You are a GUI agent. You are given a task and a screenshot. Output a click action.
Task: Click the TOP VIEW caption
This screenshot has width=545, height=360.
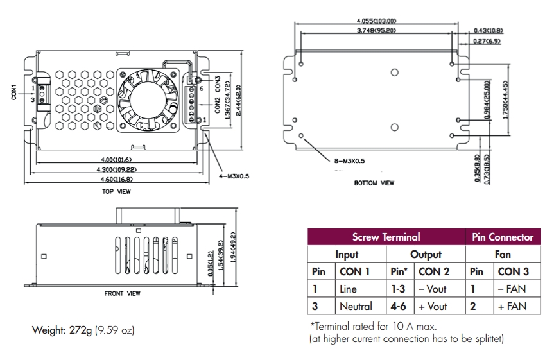click(x=117, y=191)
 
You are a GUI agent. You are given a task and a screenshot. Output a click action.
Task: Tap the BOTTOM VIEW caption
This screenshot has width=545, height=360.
click(x=374, y=183)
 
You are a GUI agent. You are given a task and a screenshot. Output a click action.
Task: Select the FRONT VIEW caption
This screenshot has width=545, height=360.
click(x=122, y=293)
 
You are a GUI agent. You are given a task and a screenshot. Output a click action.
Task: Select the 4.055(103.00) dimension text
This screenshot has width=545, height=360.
click(x=376, y=21)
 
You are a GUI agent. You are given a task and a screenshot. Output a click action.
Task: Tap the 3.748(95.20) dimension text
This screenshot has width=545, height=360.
click(x=376, y=30)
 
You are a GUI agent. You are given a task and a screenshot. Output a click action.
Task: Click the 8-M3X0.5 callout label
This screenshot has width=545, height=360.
click(x=349, y=161)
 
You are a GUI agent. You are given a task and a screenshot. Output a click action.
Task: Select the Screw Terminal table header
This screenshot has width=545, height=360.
click(x=386, y=237)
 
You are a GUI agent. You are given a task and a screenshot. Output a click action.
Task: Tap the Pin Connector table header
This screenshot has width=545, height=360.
click(x=503, y=237)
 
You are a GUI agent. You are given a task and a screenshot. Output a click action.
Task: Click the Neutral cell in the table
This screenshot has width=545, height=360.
click(x=356, y=306)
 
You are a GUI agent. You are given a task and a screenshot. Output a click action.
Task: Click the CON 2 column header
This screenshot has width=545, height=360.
click(x=434, y=271)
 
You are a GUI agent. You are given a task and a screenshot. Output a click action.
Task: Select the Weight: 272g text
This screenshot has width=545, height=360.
click(x=62, y=330)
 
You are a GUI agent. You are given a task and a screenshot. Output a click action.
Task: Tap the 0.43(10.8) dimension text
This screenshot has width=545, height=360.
click(x=489, y=30)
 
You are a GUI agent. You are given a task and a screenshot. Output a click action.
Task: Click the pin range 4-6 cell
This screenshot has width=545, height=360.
click(x=398, y=306)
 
